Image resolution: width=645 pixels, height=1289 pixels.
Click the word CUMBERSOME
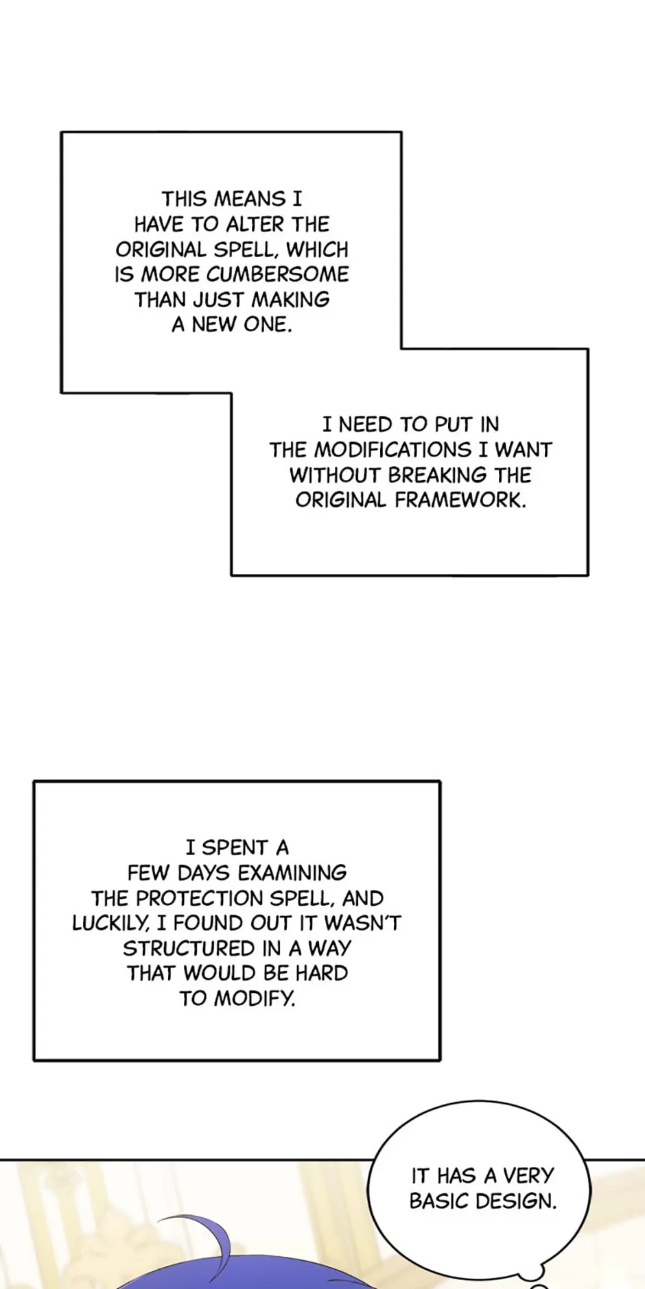(x=277, y=274)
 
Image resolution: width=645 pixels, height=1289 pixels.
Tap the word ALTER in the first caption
(x=256, y=224)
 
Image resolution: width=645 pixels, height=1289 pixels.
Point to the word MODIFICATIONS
(x=392, y=450)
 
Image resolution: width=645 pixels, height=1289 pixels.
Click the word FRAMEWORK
(x=460, y=500)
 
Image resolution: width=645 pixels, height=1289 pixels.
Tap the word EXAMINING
(x=292, y=873)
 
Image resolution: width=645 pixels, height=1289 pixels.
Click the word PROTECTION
(x=200, y=898)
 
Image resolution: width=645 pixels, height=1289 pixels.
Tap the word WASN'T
(x=362, y=924)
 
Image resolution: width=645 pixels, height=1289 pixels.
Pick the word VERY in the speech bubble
(x=528, y=1176)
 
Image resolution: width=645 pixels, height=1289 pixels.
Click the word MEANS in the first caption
(x=250, y=199)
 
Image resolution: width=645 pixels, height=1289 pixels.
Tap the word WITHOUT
(x=335, y=475)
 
